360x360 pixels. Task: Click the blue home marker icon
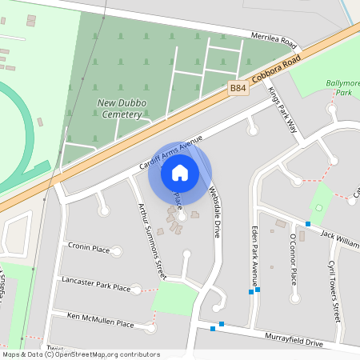coord(180,172)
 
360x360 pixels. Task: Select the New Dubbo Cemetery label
coord(120,108)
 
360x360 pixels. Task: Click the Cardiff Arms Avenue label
coord(170,151)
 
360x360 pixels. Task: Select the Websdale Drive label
coord(214,211)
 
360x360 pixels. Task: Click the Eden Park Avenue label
coord(255,256)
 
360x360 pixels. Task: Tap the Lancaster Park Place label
coord(95,286)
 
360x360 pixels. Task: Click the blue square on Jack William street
coord(308,224)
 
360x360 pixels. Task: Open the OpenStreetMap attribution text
coord(80,354)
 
